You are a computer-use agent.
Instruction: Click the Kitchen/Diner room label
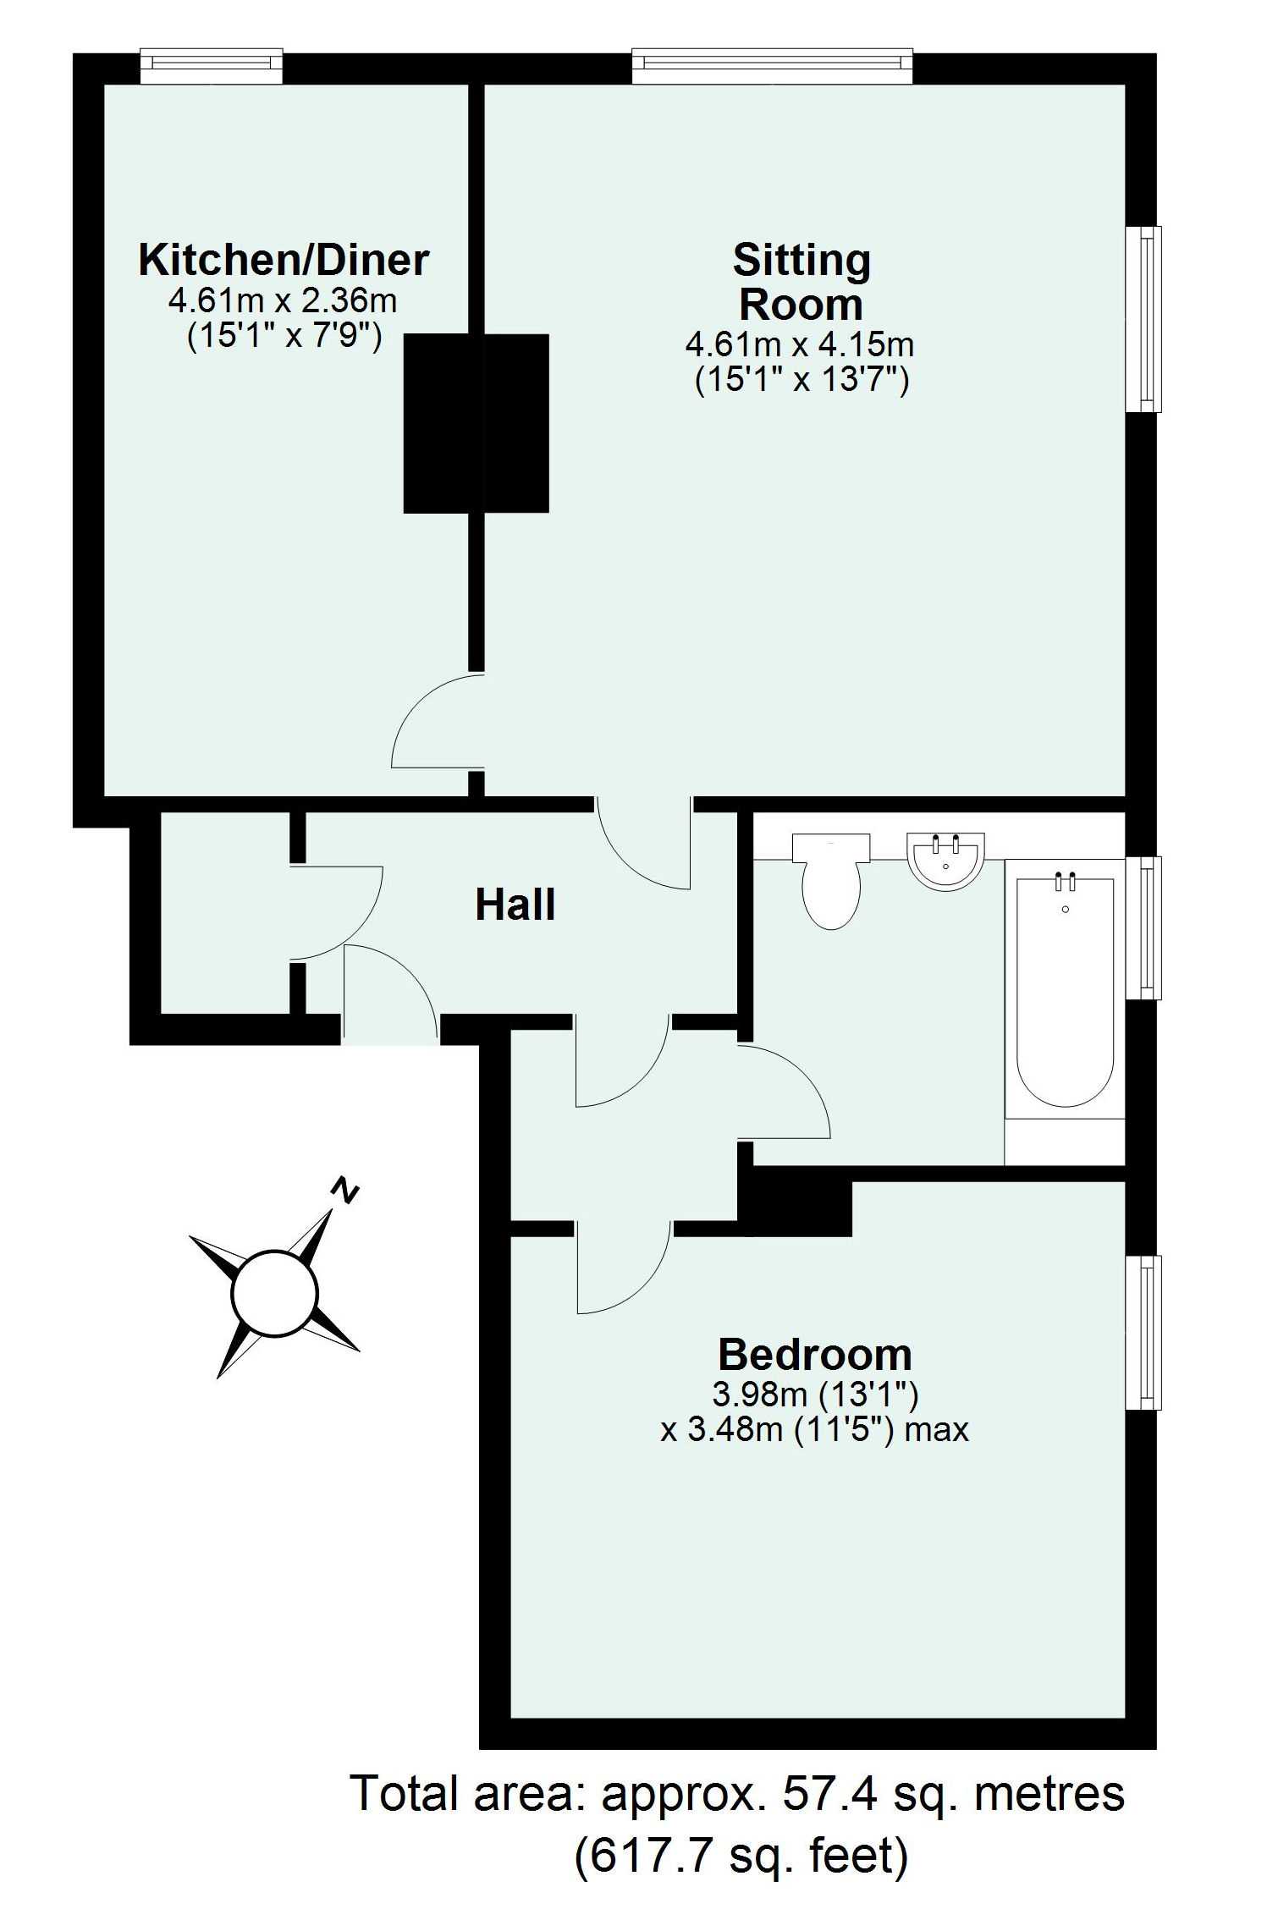pos(284,260)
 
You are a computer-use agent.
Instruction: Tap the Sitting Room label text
pos(802,282)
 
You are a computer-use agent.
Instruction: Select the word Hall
pos(515,905)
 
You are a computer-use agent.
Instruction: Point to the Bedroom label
pos(815,1355)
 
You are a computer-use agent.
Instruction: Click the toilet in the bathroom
pos(832,881)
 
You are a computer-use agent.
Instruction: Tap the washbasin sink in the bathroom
pos(946,861)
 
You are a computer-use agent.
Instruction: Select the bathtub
pos(1065,992)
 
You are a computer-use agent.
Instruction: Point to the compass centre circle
pos(275,1294)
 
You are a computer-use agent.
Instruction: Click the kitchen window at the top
pos(211,68)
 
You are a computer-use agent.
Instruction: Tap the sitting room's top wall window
pos(773,68)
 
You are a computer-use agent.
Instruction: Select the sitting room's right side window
pos(1143,319)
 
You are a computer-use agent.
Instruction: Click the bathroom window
pos(1143,927)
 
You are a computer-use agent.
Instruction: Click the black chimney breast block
pos(476,423)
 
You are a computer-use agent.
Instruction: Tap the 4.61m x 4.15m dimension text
pos(800,345)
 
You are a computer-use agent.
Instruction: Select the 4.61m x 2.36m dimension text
pos(284,300)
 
